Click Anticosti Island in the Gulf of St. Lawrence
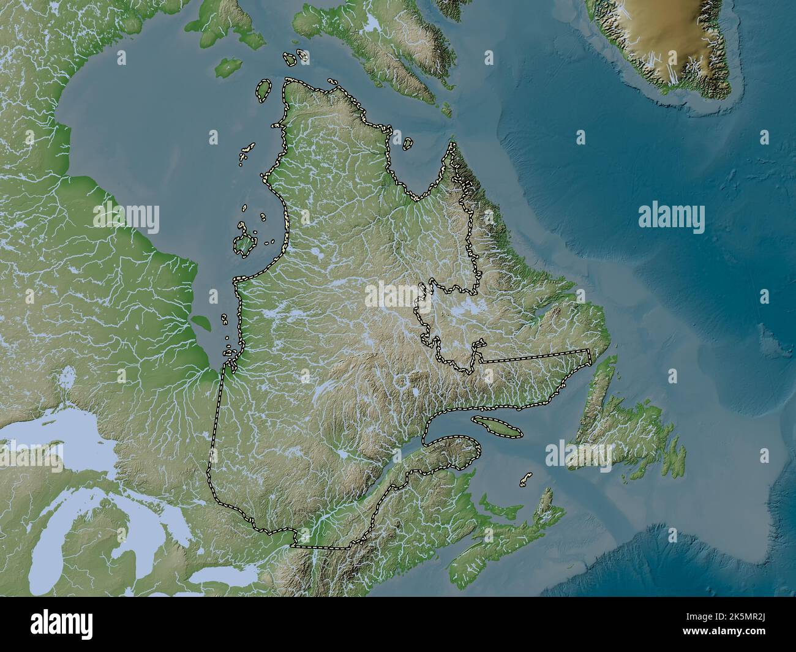click(497, 426)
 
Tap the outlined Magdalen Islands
click(525, 479)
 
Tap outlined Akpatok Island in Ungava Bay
click(407, 143)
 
